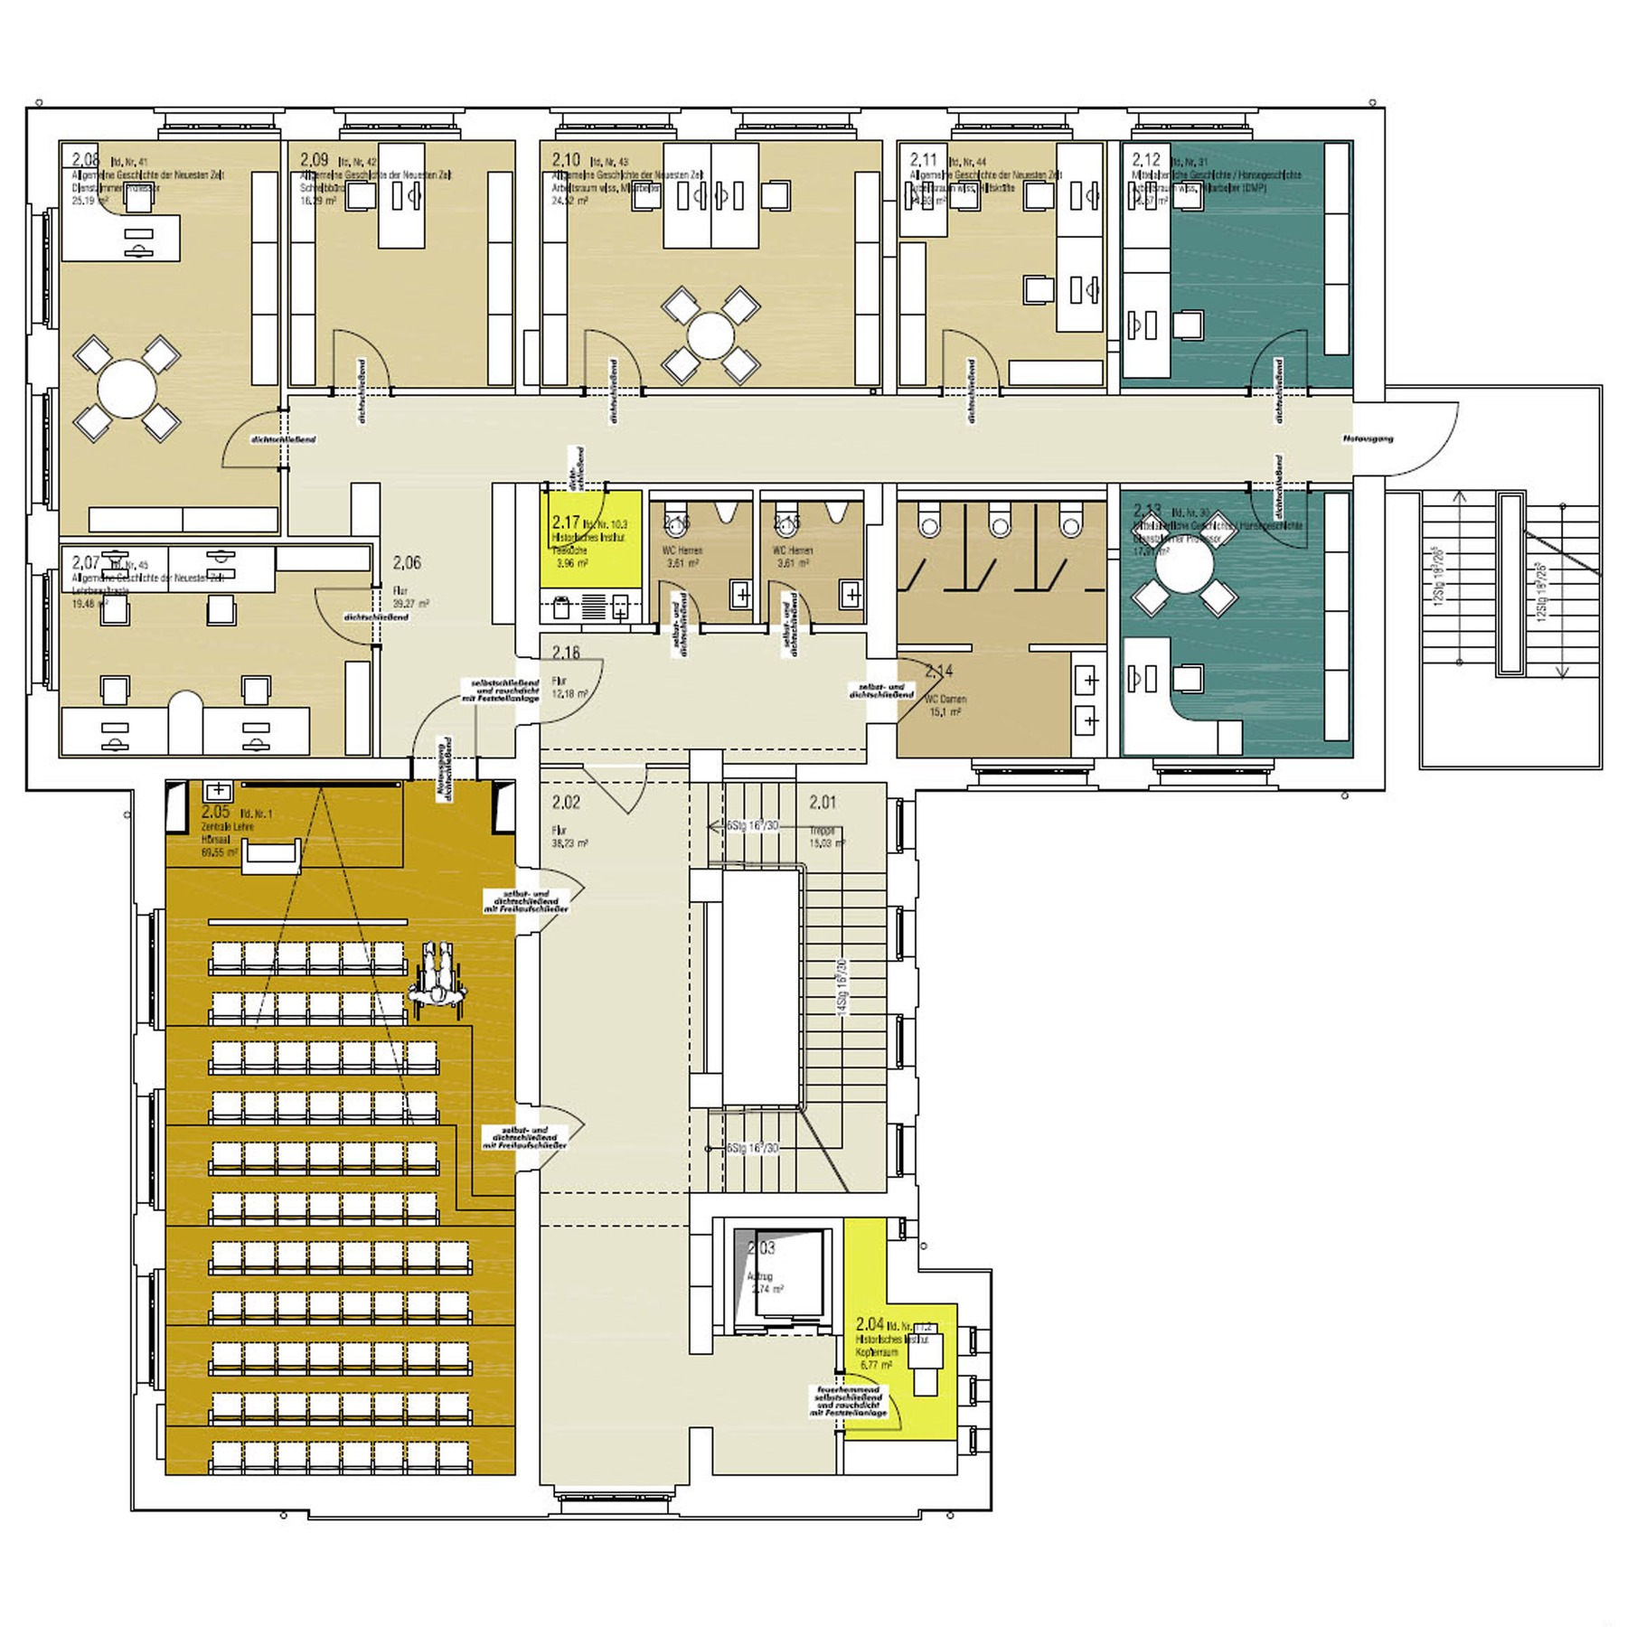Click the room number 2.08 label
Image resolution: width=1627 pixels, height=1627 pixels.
coord(85,159)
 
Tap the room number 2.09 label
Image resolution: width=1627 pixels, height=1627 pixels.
coord(314,160)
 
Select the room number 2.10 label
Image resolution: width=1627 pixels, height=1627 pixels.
coord(566,160)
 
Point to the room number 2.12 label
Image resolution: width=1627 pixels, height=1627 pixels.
coord(1146,160)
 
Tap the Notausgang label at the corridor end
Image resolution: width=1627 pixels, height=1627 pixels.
coord(1368,438)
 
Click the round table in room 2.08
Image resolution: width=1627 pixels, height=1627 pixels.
coord(127,389)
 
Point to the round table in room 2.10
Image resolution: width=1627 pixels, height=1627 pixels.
coord(710,335)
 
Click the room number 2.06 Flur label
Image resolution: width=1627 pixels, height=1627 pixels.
coord(407,563)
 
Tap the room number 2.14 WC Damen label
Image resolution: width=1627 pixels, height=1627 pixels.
coord(939,672)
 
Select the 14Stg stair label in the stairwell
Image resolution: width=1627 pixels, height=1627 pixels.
coord(842,987)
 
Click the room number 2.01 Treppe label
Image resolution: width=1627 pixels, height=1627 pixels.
coord(823,802)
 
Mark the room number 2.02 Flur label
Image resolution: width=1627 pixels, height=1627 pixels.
coord(566,802)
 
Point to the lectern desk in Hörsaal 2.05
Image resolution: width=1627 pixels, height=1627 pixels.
coord(271,855)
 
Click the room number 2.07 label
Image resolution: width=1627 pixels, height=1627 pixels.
coord(85,562)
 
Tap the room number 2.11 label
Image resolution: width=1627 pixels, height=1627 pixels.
coord(923,160)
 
